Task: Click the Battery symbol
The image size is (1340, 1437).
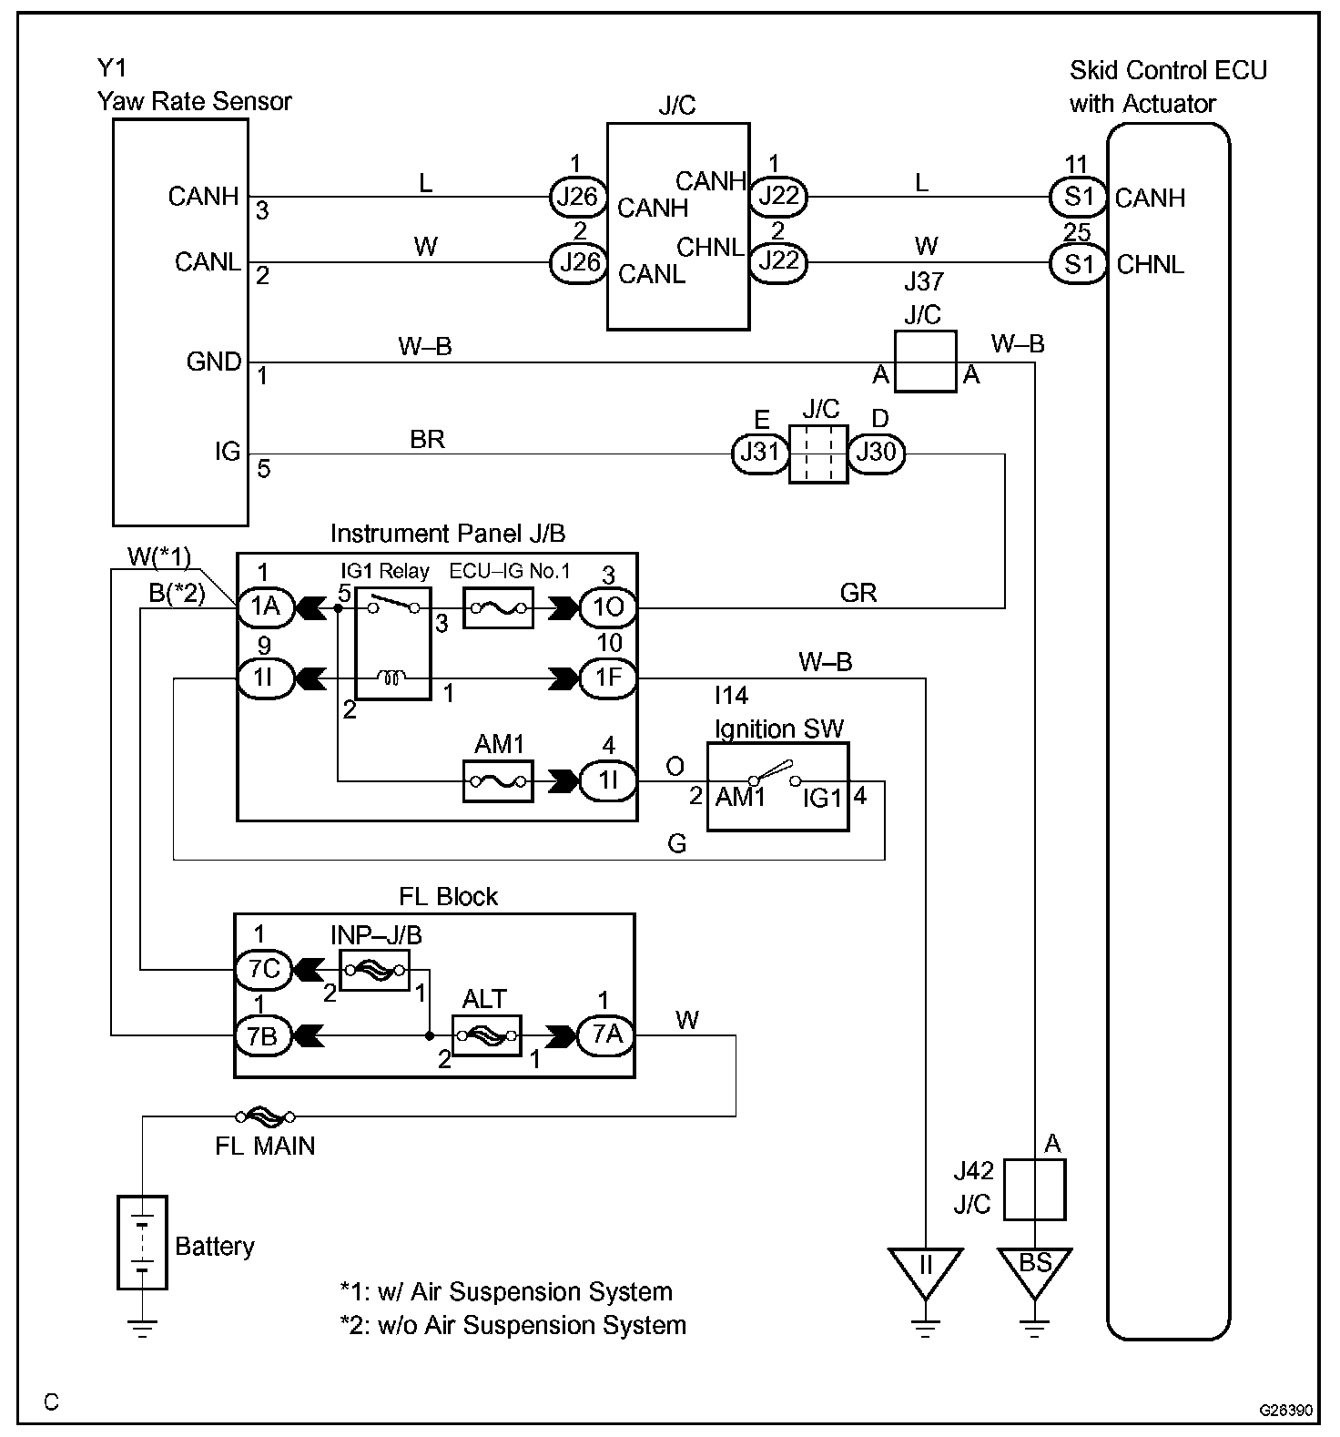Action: point(142,1242)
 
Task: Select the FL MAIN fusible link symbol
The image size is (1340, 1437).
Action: point(265,1116)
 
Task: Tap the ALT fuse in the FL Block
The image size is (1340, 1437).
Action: point(487,1035)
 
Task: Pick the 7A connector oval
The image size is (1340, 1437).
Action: point(607,1035)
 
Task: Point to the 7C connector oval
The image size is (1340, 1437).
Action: point(264,969)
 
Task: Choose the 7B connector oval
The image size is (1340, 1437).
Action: point(264,1035)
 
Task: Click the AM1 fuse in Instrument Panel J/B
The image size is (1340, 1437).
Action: point(497,781)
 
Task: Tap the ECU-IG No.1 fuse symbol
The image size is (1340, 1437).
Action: point(497,607)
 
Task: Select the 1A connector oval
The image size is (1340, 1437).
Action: point(265,607)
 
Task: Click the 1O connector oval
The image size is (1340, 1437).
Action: point(608,607)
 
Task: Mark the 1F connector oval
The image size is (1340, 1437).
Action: point(608,678)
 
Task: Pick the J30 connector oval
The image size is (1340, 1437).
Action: point(877,454)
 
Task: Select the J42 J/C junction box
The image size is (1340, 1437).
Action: point(1034,1189)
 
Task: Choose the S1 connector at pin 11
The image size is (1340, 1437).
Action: point(1079,197)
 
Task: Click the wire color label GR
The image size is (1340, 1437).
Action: point(858,594)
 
